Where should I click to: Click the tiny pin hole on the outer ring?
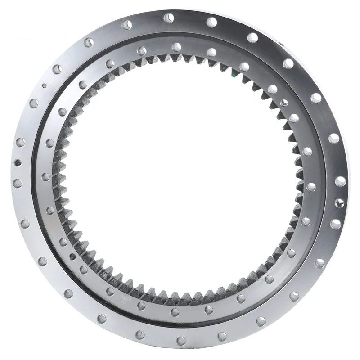click(44, 85)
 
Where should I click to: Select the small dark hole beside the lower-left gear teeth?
click(72, 256)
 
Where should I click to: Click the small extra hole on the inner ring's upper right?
click(284, 103)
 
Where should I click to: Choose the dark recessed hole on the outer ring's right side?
click(340, 203)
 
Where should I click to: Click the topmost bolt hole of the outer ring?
click(169, 18)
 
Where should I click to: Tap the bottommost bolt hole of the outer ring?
click(181, 341)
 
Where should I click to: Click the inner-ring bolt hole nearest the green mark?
click(244, 67)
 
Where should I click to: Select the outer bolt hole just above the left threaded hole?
click(21, 142)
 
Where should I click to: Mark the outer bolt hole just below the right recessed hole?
click(336, 224)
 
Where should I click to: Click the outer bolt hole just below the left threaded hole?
click(18, 183)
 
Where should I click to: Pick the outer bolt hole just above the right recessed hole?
click(340, 181)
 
